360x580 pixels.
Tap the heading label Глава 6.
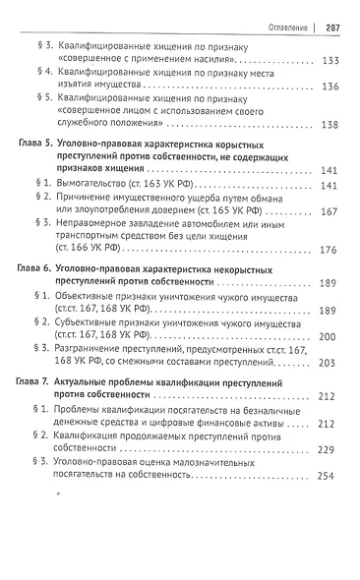[x=40, y=269]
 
